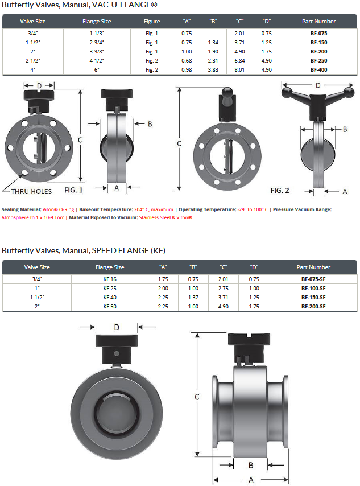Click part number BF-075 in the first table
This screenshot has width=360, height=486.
click(x=318, y=33)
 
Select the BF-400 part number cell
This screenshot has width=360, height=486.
click(x=318, y=70)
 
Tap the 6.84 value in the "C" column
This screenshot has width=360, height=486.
click(x=239, y=61)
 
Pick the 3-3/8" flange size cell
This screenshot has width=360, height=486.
click(x=97, y=51)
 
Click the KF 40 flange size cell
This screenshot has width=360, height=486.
click(x=110, y=297)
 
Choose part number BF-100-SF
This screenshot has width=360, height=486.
click(x=313, y=289)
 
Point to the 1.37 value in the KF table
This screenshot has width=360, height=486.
click(x=193, y=297)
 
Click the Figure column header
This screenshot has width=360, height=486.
click(x=152, y=22)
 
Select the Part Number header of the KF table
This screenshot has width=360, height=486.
click(x=313, y=267)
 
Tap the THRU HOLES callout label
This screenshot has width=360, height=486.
click(x=31, y=192)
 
